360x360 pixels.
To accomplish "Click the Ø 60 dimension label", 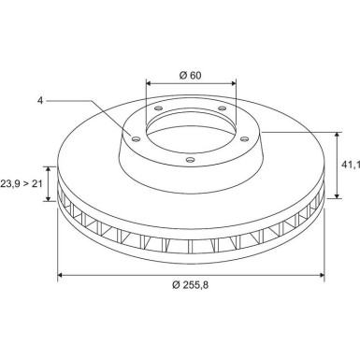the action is pos(191,75).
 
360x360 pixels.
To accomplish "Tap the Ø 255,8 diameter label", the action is pos(191,284).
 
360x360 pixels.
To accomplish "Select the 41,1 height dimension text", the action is pos(351,165).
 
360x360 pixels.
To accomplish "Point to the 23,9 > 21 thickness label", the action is pos(22,184).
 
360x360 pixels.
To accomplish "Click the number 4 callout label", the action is pos(40,101).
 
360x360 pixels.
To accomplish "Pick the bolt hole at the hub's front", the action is pos(190,160).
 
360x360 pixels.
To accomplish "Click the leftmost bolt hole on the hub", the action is pos(136,139).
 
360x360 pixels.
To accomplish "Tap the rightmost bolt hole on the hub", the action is pos(245,138).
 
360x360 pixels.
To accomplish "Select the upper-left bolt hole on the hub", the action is pos(158,108).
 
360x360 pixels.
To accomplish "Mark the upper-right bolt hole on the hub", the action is pos(222,108).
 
